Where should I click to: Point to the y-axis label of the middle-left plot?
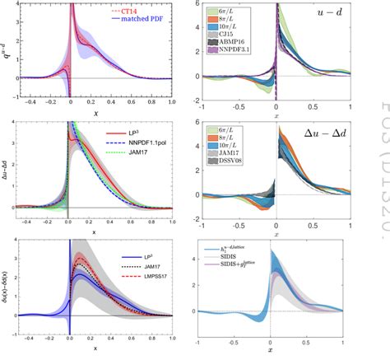pyautogui.click(x=6, y=170)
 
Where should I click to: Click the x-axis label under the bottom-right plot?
pyautogui.click(x=276, y=353)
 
